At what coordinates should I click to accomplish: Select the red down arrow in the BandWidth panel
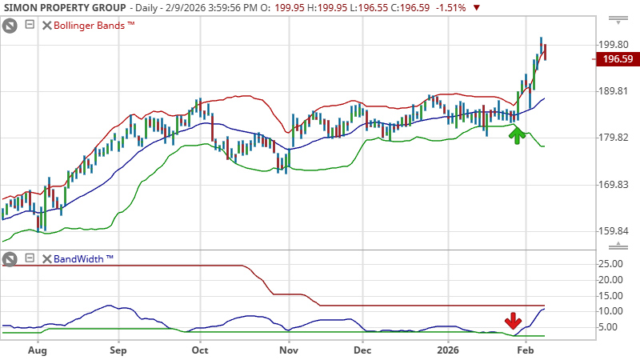(x=512, y=322)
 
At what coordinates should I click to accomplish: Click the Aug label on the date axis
(x=37, y=350)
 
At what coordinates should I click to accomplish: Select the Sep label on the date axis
(x=118, y=350)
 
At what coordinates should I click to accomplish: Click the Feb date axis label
(x=526, y=350)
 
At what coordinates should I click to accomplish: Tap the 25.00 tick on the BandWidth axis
(x=612, y=264)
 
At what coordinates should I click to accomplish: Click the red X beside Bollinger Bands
(x=46, y=25)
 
